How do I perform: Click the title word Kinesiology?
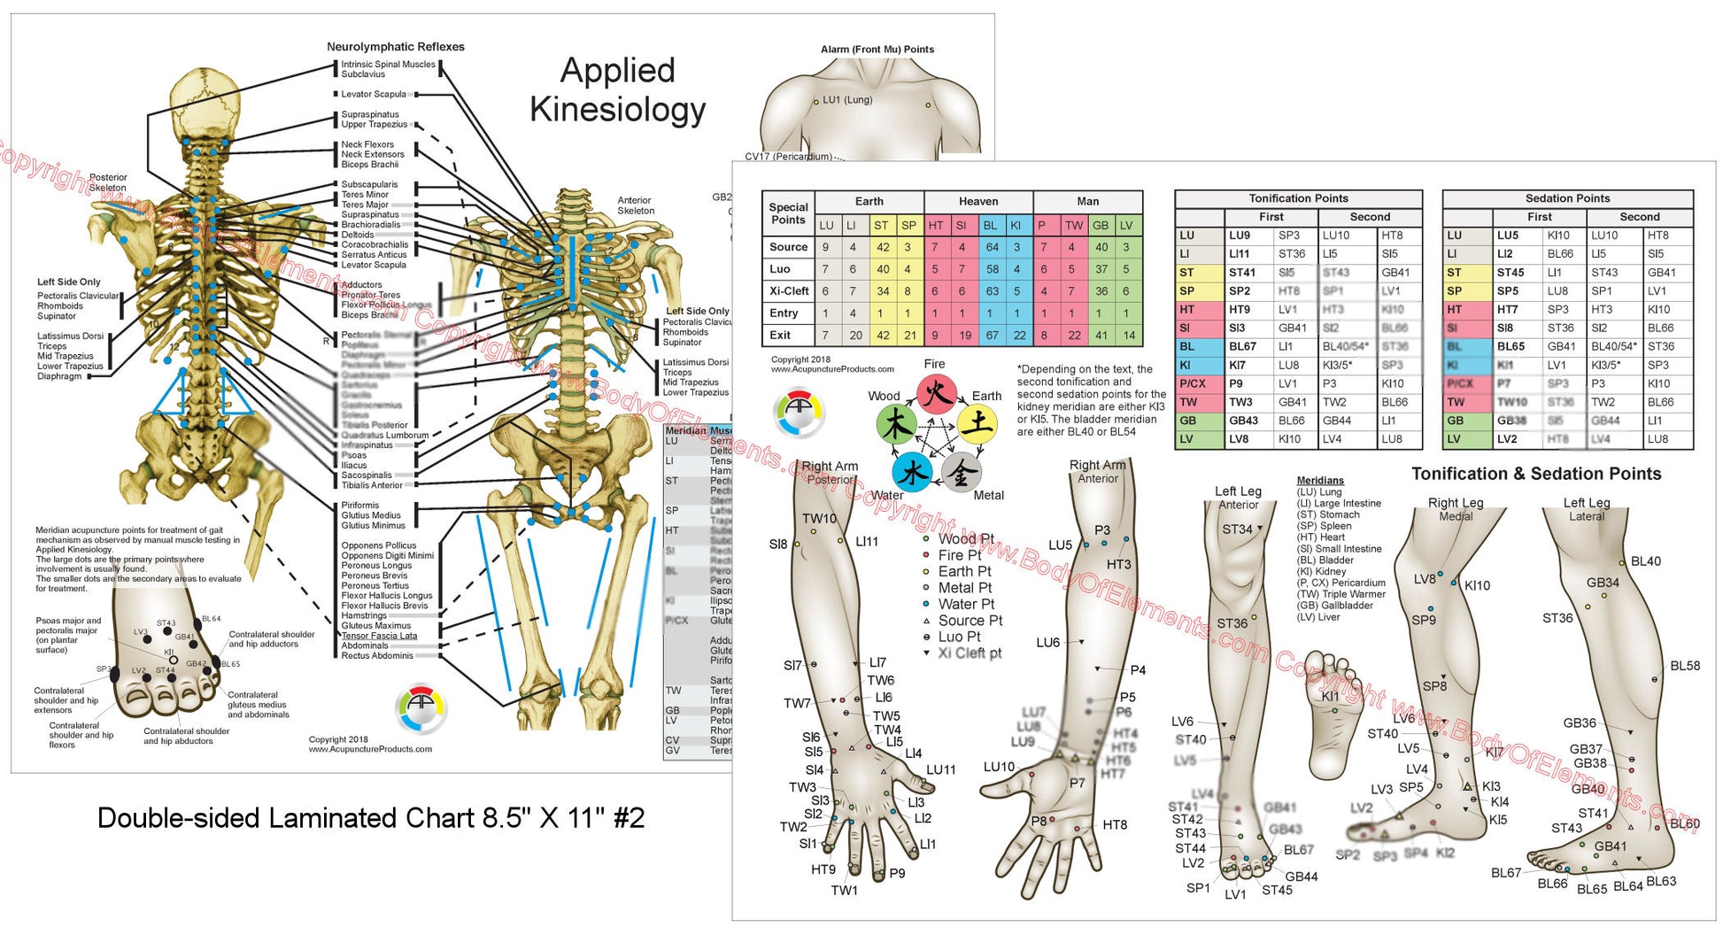click(617, 110)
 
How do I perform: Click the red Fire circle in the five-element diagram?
click(936, 393)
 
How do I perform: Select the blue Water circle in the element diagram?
click(912, 473)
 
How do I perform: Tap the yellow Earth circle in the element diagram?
click(978, 424)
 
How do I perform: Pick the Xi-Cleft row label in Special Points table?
click(788, 291)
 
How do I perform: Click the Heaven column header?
click(978, 201)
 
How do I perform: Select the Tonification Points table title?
click(1298, 198)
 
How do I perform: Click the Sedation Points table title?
click(1567, 198)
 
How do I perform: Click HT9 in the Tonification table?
click(1240, 310)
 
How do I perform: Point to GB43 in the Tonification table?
click(1243, 421)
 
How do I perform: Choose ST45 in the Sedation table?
click(1511, 273)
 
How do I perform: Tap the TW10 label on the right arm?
click(819, 519)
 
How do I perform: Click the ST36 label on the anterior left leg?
click(1232, 623)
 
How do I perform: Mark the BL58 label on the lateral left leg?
click(1684, 666)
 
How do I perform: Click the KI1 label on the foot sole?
click(1330, 697)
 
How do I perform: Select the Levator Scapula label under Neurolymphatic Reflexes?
click(374, 94)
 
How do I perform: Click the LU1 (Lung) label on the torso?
click(847, 100)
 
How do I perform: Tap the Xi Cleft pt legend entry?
click(970, 653)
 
